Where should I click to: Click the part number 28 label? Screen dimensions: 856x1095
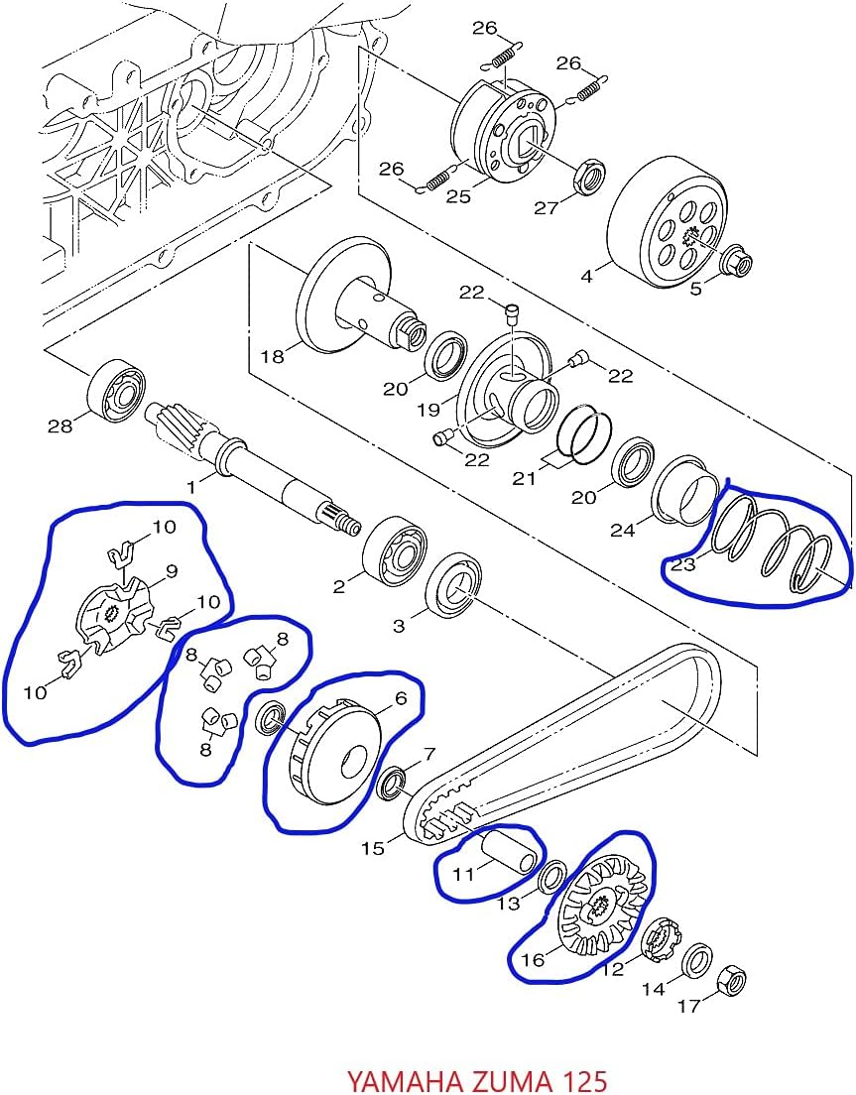(60, 426)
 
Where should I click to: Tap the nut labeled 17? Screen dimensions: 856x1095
(730, 980)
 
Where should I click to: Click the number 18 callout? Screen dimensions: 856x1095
(273, 356)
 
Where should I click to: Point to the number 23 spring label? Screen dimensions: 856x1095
(682, 564)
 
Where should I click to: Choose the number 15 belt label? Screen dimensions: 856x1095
(373, 848)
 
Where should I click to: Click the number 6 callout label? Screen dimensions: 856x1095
(401, 698)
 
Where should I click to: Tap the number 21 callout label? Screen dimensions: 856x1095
(524, 478)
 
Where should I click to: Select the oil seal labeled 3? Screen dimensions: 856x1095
(454, 584)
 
